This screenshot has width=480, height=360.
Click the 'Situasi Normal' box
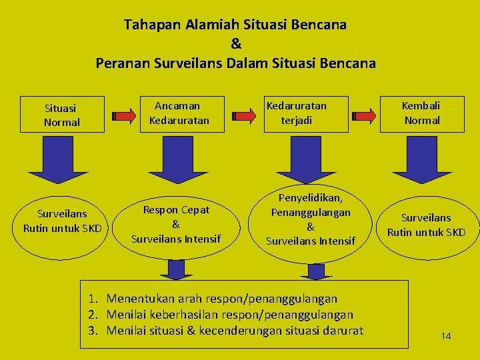62,115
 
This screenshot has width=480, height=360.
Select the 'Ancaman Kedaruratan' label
179,113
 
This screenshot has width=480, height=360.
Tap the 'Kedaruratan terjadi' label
296,113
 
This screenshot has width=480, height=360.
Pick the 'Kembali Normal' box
422,113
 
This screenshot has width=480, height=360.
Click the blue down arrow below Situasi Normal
62,159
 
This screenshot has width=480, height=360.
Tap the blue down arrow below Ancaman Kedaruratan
176,159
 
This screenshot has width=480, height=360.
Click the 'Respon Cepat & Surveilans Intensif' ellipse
176,224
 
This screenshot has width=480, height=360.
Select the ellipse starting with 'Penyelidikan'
311,219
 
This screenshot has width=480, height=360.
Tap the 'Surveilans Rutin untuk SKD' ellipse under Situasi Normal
62,221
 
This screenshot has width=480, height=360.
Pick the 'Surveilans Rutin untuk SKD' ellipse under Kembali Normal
427,225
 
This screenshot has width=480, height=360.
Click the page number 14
446,336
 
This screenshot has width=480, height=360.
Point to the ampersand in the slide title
235,45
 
